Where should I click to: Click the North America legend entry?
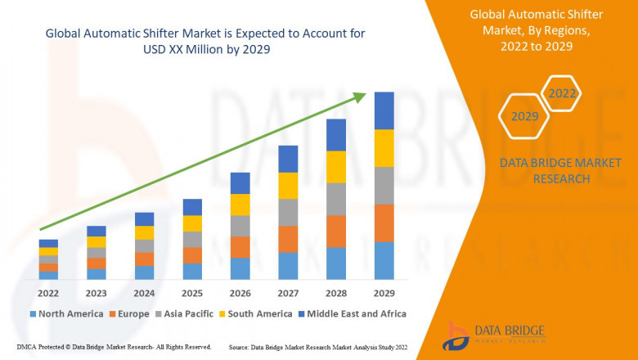tap(65, 313)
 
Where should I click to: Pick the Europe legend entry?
tap(129, 313)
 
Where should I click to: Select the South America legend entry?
tap(257, 313)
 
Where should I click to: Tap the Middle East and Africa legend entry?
tap(354, 313)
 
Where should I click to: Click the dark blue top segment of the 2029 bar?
tap(384, 110)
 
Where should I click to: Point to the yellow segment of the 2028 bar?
tap(336, 167)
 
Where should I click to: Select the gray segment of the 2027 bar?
tap(288, 212)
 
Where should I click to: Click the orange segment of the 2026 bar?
tap(240, 247)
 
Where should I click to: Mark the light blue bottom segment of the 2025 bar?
tap(192, 272)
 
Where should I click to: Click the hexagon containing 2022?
tap(562, 94)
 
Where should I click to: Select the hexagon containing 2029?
tap(524, 117)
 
